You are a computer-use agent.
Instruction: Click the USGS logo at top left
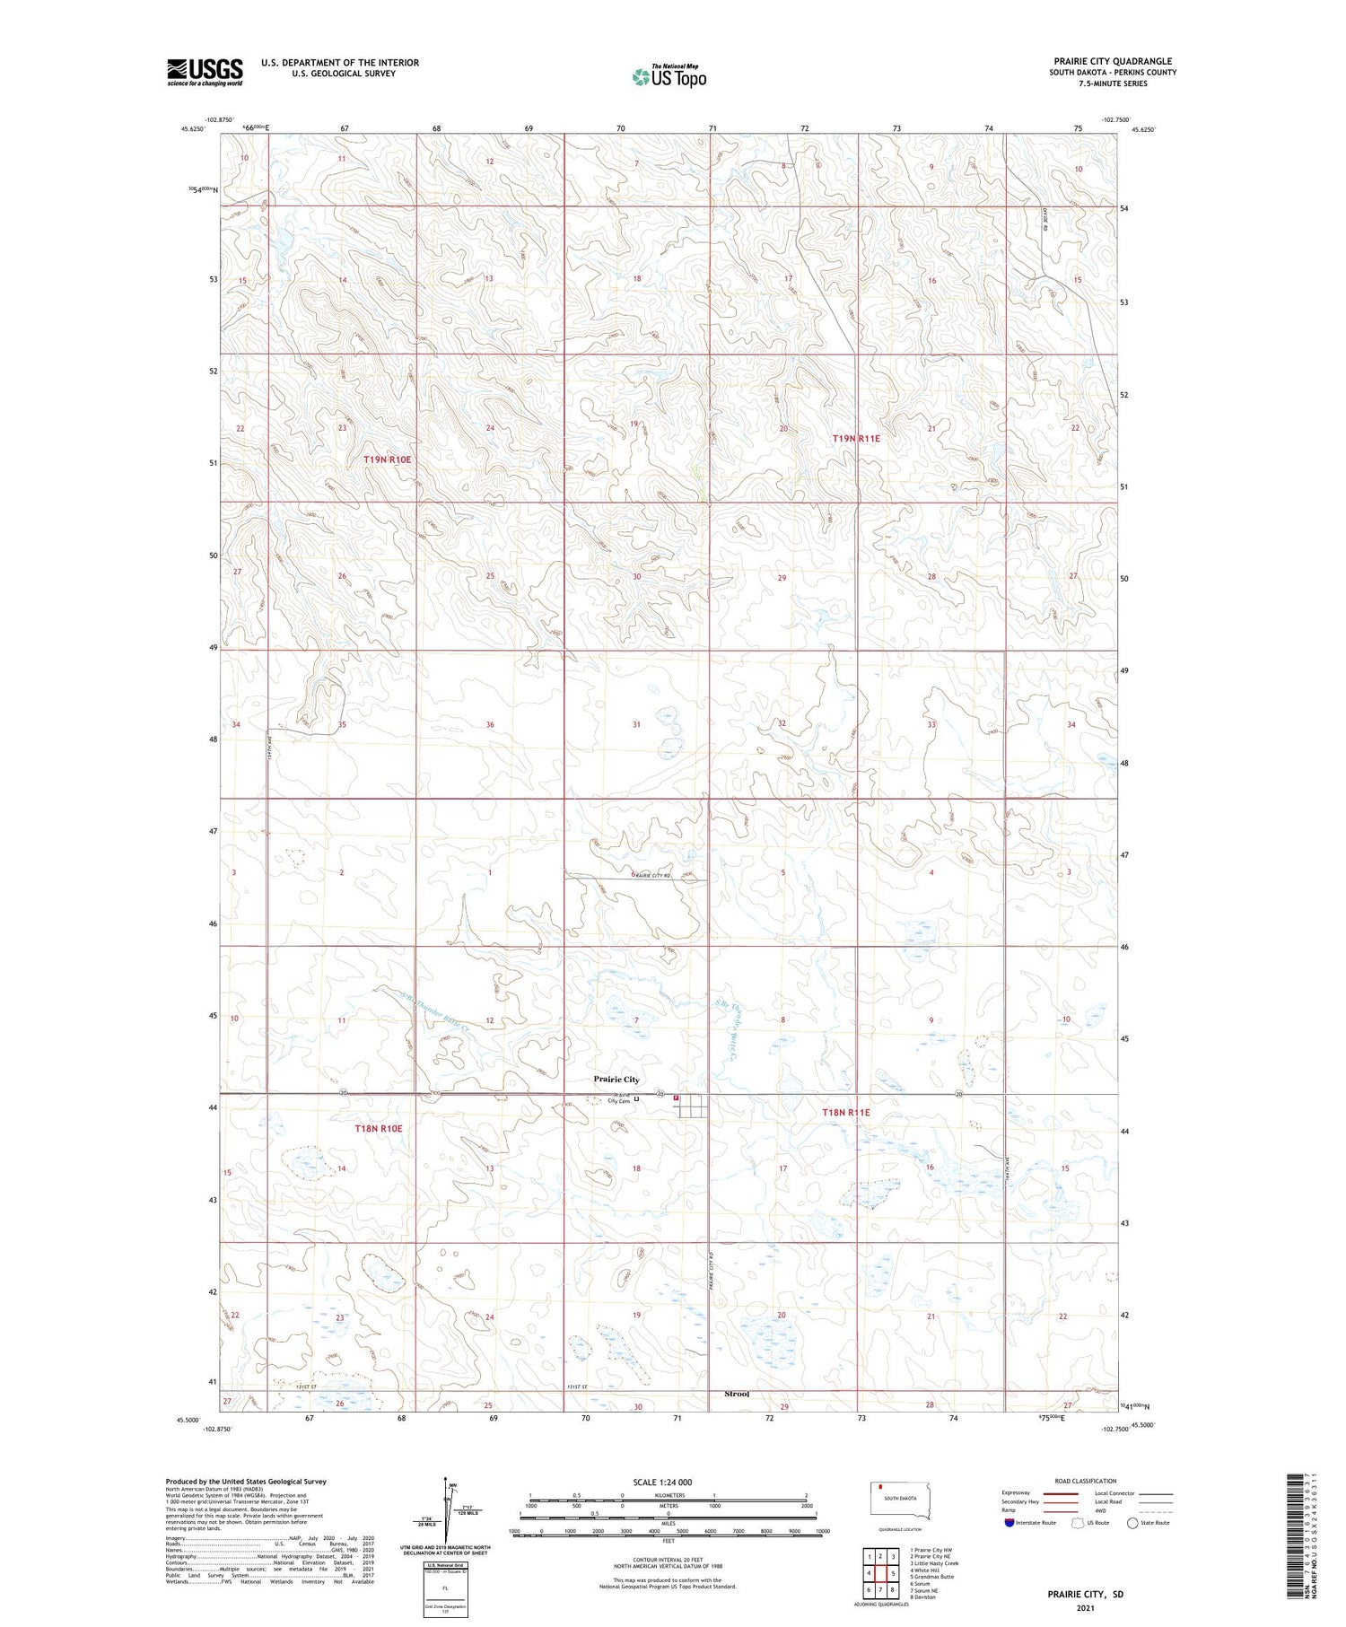tap(205, 72)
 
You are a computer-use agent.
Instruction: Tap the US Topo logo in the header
tap(669, 77)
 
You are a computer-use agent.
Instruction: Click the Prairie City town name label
tap(616, 1080)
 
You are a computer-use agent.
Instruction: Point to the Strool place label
tap(737, 1394)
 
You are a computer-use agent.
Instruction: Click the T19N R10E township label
tap(387, 459)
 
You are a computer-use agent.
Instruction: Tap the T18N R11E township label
tap(846, 1113)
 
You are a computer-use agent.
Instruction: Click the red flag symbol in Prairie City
tap(676, 1098)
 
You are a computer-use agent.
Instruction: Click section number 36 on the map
tap(490, 724)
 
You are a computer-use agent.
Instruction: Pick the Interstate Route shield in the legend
tap(1009, 1522)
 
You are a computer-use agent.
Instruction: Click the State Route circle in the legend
tap(1132, 1522)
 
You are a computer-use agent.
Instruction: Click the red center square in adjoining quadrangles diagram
tap(881, 1572)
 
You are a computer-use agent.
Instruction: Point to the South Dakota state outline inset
tap(901, 1500)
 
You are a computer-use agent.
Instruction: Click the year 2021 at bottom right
tap(1085, 1608)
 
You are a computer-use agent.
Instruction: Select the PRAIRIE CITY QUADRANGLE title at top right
tap(1113, 61)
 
